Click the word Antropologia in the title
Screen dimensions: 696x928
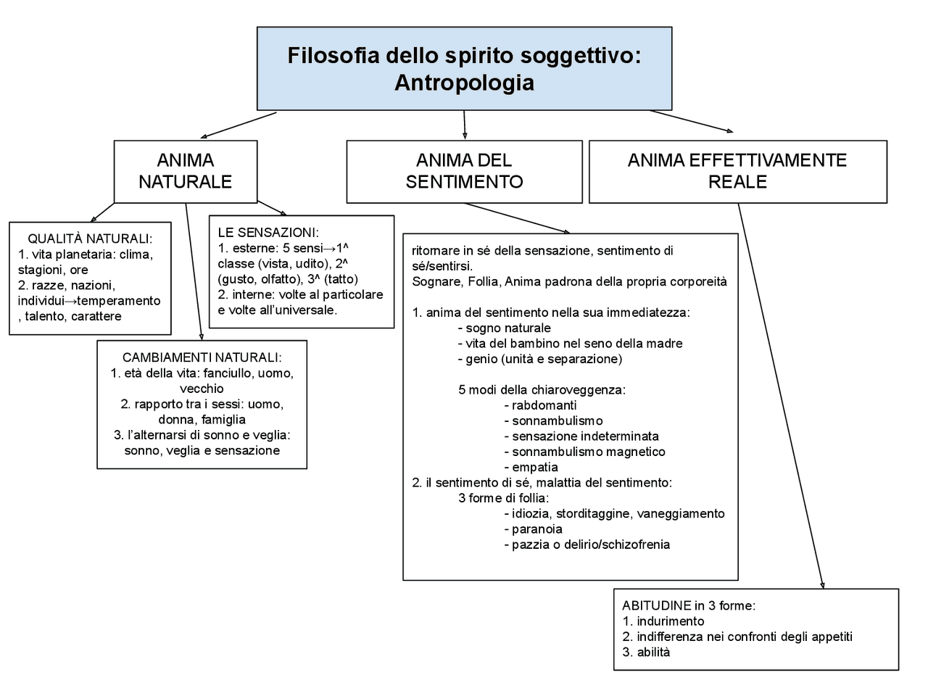(x=464, y=83)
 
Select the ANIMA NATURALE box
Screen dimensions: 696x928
(x=185, y=171)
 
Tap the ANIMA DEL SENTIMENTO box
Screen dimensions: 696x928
(x=464, y=171)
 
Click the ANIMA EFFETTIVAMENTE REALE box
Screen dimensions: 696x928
(x=737, y=171)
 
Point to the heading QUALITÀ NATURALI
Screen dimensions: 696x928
(x=90, y=239)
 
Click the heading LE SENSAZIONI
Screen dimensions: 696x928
(x=268, y=232)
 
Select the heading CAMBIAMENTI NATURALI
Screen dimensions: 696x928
(x=202, y=357)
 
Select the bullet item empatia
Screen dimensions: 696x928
(x=534, y=467)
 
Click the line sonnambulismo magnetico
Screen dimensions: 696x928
(x=588, y=452)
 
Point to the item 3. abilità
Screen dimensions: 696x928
(x=646, y=652)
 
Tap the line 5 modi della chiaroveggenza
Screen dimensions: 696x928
(x=542, y=389)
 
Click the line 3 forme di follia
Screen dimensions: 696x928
(x=503, y=497)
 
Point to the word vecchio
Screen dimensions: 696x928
(x=202, y=389)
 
